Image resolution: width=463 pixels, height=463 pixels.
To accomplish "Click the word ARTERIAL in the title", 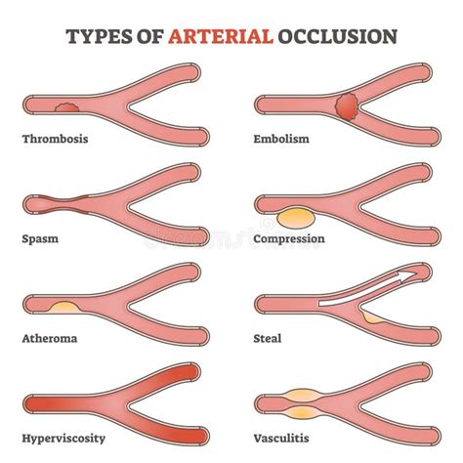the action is pos(221,36).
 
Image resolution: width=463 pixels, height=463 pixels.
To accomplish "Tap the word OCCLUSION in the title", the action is pos(337,36).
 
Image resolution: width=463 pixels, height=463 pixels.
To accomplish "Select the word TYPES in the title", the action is pos(99,36).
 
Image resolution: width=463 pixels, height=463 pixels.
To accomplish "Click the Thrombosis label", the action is pos(55,139).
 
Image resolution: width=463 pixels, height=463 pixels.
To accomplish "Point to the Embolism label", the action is pos(281,139).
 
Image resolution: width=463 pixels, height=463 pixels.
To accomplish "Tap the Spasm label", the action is pos(40,239).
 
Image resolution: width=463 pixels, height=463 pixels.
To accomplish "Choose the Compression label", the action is pos(289,239).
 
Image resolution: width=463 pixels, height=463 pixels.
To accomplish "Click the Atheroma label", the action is pos(50,339).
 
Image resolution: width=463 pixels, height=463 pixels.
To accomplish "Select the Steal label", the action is pos(268,339).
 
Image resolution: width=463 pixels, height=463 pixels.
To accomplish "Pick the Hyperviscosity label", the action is pos(63,439).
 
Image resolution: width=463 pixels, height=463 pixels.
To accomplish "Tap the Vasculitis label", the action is pos(281,439).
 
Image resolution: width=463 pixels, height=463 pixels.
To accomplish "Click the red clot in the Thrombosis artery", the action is pos(66,107).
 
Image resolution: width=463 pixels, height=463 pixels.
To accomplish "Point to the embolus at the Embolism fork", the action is pos(347,106).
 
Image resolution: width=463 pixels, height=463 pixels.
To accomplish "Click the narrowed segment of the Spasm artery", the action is pos(64,204).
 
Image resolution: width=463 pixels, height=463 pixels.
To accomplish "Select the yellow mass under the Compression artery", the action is pos(296,219).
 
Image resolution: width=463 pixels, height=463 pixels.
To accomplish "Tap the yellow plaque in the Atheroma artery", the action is pos(64,308).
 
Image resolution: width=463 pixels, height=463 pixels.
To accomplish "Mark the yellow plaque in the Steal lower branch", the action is pos(373,317).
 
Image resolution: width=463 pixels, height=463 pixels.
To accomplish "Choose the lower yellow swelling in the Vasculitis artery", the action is pos(303,413).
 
